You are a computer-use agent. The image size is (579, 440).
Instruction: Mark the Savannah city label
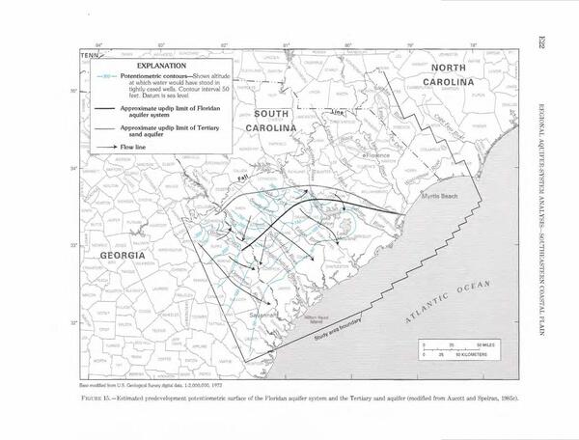click(260, 315)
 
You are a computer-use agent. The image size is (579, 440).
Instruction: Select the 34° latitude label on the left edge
click(75, 168)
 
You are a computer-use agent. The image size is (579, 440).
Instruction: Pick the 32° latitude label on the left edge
click(75, 322)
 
